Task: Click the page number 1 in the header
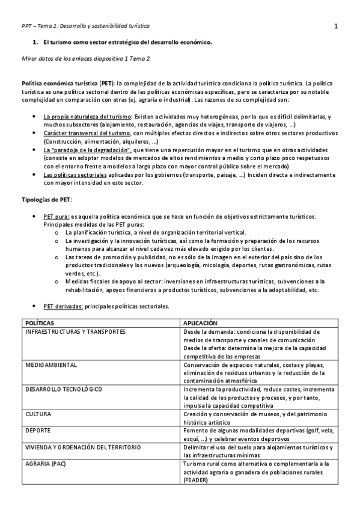tap(336, 26)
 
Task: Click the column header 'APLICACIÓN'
tap(201, 322)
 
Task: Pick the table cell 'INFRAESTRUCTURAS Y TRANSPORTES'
tap(75, 331)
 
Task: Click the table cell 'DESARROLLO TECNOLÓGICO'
tap(64, 389)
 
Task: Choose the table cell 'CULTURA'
tap(38, 414)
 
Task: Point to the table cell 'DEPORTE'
tap(38, 431)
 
